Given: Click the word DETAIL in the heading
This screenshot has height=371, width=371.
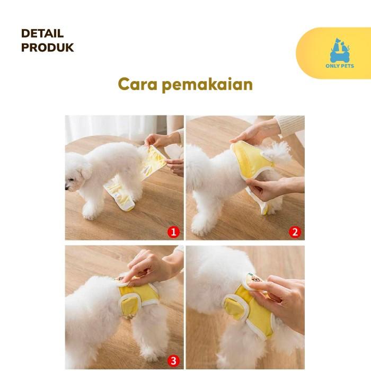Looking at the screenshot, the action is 42,33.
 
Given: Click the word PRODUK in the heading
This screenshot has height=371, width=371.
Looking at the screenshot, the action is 47,48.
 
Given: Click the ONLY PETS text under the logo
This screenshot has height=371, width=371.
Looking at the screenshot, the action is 340,66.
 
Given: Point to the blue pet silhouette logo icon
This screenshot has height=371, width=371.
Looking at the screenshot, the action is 340,50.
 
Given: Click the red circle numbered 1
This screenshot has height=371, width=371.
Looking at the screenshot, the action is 173,232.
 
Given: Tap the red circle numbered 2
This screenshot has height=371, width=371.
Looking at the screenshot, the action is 295,232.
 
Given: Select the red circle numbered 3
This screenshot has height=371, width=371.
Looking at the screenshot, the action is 173,361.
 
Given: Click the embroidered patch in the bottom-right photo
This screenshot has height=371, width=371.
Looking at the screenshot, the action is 255,279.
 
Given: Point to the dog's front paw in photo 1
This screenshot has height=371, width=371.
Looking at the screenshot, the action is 89,214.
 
